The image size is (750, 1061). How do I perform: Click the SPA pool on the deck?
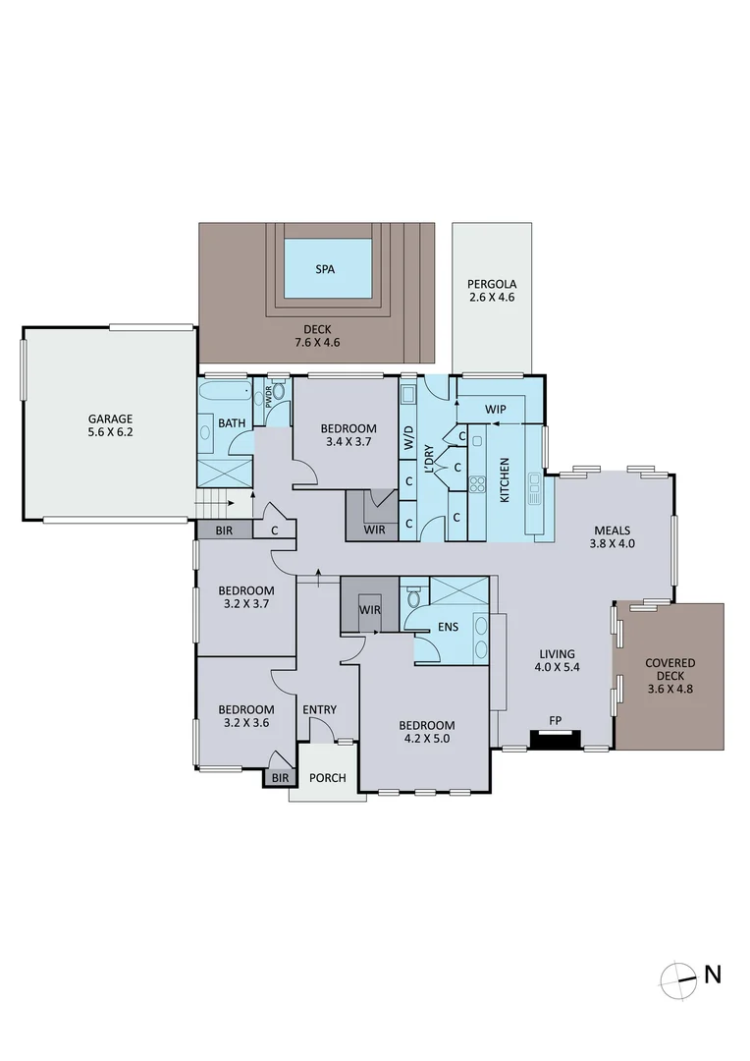[328, 268]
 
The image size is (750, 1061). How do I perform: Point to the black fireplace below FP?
[555, 740]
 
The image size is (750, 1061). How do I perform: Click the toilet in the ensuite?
[414, 595]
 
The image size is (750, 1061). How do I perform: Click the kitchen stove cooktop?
[477, 483]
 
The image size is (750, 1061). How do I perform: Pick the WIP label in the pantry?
[495, 408]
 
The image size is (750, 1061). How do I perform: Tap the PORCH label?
[327, 778]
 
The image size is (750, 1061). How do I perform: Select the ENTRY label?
[319, 709]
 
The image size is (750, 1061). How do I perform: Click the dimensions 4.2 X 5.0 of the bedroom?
[427, 739]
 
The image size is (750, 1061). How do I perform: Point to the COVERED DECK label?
[670, 670]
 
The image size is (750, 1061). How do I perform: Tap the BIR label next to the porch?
[280, 778]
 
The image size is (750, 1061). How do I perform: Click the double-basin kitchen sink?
[534, 488]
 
